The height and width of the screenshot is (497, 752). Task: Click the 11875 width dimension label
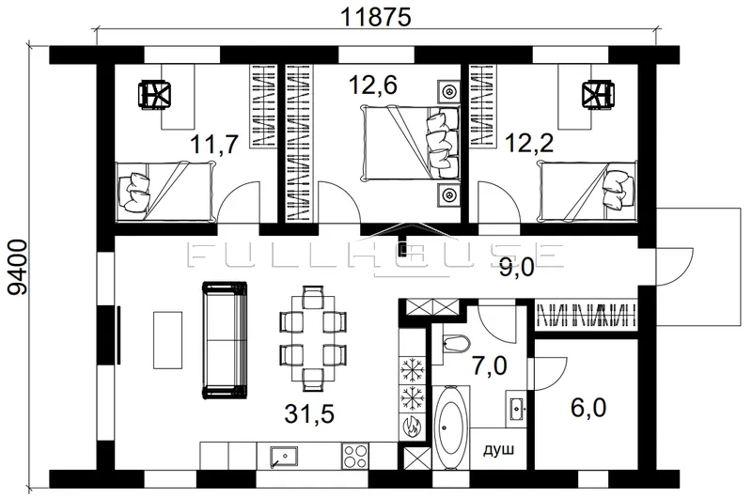(x=376, y=17)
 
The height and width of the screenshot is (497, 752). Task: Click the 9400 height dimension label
(x=19, y=268)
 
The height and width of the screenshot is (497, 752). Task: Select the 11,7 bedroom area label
(x=214, y=145)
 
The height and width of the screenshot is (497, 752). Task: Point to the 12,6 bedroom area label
(x=373, y=85)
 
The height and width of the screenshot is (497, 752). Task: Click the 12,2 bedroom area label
(x=529, y=143)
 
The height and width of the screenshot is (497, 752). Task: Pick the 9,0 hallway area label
(x=516, y=268)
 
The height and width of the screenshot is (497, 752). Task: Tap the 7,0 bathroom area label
(x=489, y=366)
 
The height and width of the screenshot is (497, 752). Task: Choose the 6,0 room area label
(x=588, y=408)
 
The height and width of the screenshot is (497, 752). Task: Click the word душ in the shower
(x=498, y=450)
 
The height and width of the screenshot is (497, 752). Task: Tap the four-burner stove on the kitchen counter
(x=355, y=456)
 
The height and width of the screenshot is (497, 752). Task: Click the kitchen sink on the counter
(x=284, y=457)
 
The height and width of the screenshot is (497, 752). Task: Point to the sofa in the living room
(x=225, y=340)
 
